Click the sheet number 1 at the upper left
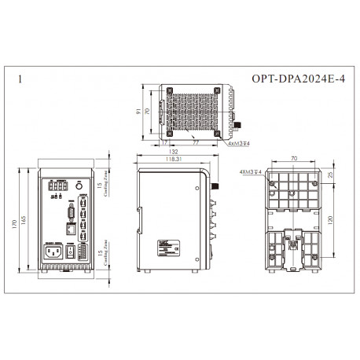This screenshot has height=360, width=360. point(20,79)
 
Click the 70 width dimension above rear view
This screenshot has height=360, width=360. point(295,158)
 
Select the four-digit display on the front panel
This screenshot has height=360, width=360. point(56,188)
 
